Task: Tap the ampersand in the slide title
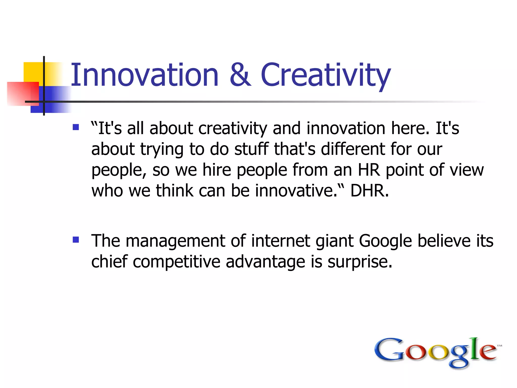coord(240,75)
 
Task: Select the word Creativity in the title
coord(326,75)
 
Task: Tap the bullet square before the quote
coord(76,127)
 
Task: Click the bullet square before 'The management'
coord(76,239)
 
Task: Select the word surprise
coord(360,262)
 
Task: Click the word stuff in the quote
coord(251,149)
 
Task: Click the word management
coord(175,241)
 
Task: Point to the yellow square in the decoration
coord(33,72)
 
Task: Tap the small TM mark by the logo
coord(499,346)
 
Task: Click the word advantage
coord(265,262)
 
